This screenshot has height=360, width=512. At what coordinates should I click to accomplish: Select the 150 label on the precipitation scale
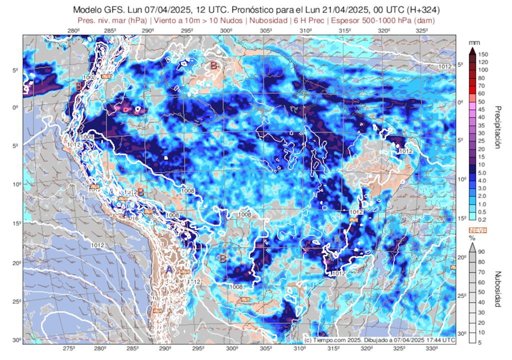point(483,54)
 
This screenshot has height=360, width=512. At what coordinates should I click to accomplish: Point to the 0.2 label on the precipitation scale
point(483,219)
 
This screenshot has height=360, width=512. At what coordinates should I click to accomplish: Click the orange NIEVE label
point(477,229)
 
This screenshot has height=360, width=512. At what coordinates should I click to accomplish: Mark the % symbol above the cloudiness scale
point(471,238)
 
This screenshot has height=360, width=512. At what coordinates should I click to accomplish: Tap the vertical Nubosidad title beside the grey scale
point(498,289)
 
